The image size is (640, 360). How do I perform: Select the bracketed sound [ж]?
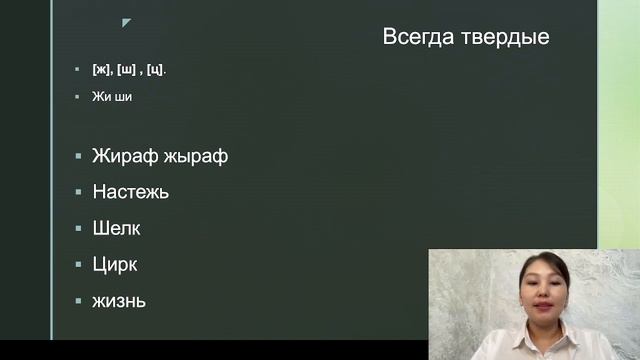click(101, 69)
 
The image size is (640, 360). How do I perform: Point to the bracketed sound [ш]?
click(127, 69)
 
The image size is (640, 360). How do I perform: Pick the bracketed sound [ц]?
click(155, 69)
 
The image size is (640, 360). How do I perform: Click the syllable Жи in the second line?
click(99, 97)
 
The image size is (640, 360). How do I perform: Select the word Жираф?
click(124, 156)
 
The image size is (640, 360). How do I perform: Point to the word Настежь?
click(130, 192)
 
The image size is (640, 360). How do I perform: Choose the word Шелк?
click(116, 228)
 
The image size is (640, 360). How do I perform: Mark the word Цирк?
click(114, 264)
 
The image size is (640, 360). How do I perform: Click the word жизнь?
click(119, 300)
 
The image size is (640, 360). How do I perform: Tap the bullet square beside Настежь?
click(78, 192)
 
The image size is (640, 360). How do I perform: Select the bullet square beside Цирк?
click(78, 264)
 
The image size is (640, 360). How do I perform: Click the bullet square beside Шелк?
click(78, 228)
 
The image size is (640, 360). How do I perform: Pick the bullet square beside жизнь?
click(78, 300)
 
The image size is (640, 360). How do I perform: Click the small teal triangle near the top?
click(126, 22)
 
